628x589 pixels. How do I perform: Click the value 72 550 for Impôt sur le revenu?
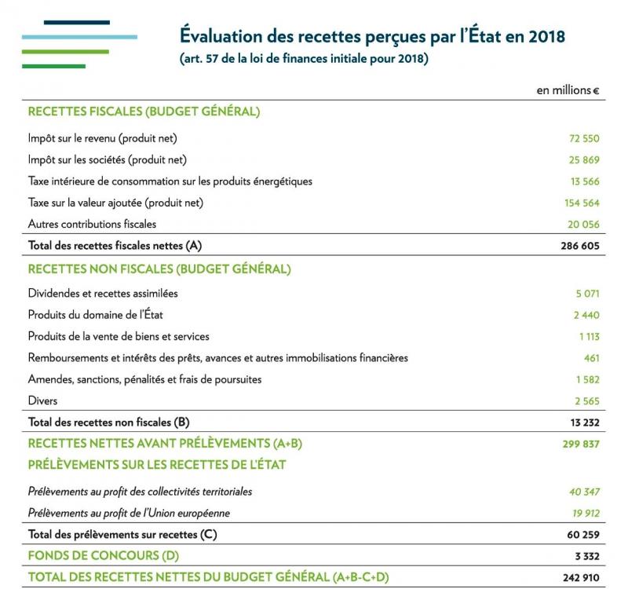tap(583, 138)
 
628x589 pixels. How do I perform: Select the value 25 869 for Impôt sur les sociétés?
tap(583, 159)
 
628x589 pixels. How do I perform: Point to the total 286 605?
tap(580, 246)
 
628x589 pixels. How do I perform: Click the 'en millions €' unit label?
tap(568, 90)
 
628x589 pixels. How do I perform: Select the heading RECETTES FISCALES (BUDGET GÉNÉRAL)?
tap(144, 112)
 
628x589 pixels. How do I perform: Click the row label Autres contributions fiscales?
tap(92, 224)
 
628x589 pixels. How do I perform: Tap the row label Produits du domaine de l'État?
tap(96, 315)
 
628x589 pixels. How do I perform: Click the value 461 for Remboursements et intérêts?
tap(590, 358)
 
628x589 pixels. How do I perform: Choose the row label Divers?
tap(42, 401)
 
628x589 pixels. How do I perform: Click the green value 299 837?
tap(580, 444)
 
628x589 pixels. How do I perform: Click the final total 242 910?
tap(580, 578)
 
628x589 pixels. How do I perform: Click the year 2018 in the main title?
tap(543, 37)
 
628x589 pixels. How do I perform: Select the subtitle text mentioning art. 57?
tap(304, 59)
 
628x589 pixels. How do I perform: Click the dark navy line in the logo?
tap(77, 23)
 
